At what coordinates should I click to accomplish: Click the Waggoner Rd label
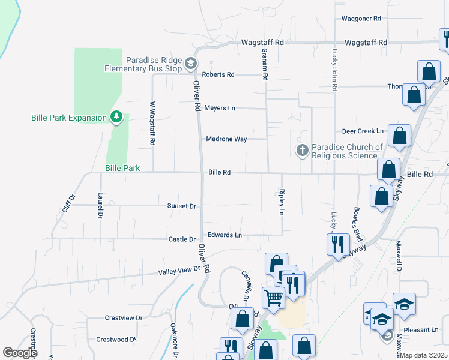tap(361, 19)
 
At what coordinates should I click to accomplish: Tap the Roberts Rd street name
tap(218, 74)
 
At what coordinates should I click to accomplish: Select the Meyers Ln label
tap(219, 108)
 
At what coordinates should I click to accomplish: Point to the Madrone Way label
tap(226, 139)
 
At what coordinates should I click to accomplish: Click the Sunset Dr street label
tap(182, 206)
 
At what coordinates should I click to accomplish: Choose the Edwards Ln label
tap(224, 235)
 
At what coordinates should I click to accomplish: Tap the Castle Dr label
tap(182, 239)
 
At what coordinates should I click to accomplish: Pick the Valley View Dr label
tap(179, 271)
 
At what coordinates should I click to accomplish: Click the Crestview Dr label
tap(123, 317)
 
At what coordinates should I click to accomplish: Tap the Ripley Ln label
tap(281, 202)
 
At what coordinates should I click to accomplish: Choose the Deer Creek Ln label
tap(363, 131)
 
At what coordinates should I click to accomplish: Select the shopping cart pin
tap(273, 296)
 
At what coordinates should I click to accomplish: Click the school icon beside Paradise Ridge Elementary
tap(190, 63)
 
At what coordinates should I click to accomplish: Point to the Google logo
tap(20, 353)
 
